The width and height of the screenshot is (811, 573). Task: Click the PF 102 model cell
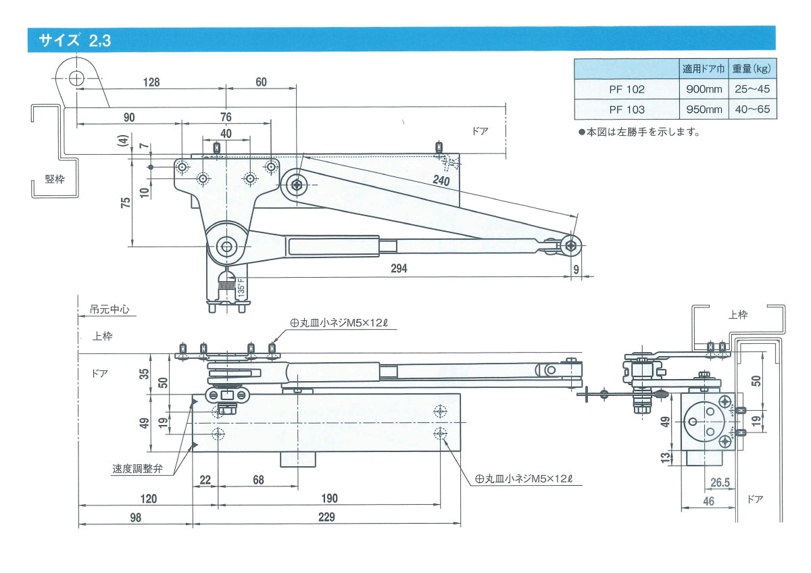coord(626,89)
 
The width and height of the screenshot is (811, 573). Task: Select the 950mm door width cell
coord(704,109)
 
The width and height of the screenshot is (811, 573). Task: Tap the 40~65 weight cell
coord(752,109)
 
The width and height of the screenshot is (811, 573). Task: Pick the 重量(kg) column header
coord(752,69)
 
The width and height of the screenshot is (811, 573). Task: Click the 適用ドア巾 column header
coord(704,69)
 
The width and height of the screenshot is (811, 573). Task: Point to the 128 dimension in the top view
coord(151,82)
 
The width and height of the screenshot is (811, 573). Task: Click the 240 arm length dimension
coord(441,180)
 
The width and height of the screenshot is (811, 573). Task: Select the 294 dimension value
coord(399,268)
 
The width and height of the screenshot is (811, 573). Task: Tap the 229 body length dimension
coord(326,517)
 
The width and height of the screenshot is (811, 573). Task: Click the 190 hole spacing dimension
coord(329,499)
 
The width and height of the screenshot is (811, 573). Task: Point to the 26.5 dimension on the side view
coord(720,482)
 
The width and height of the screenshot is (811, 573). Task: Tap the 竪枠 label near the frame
coord(55,179)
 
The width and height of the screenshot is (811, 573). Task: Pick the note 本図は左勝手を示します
coord(638,132)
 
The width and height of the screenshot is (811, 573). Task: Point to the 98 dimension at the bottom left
coord(135,517)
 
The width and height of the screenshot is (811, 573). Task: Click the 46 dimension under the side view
coord(708,501)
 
